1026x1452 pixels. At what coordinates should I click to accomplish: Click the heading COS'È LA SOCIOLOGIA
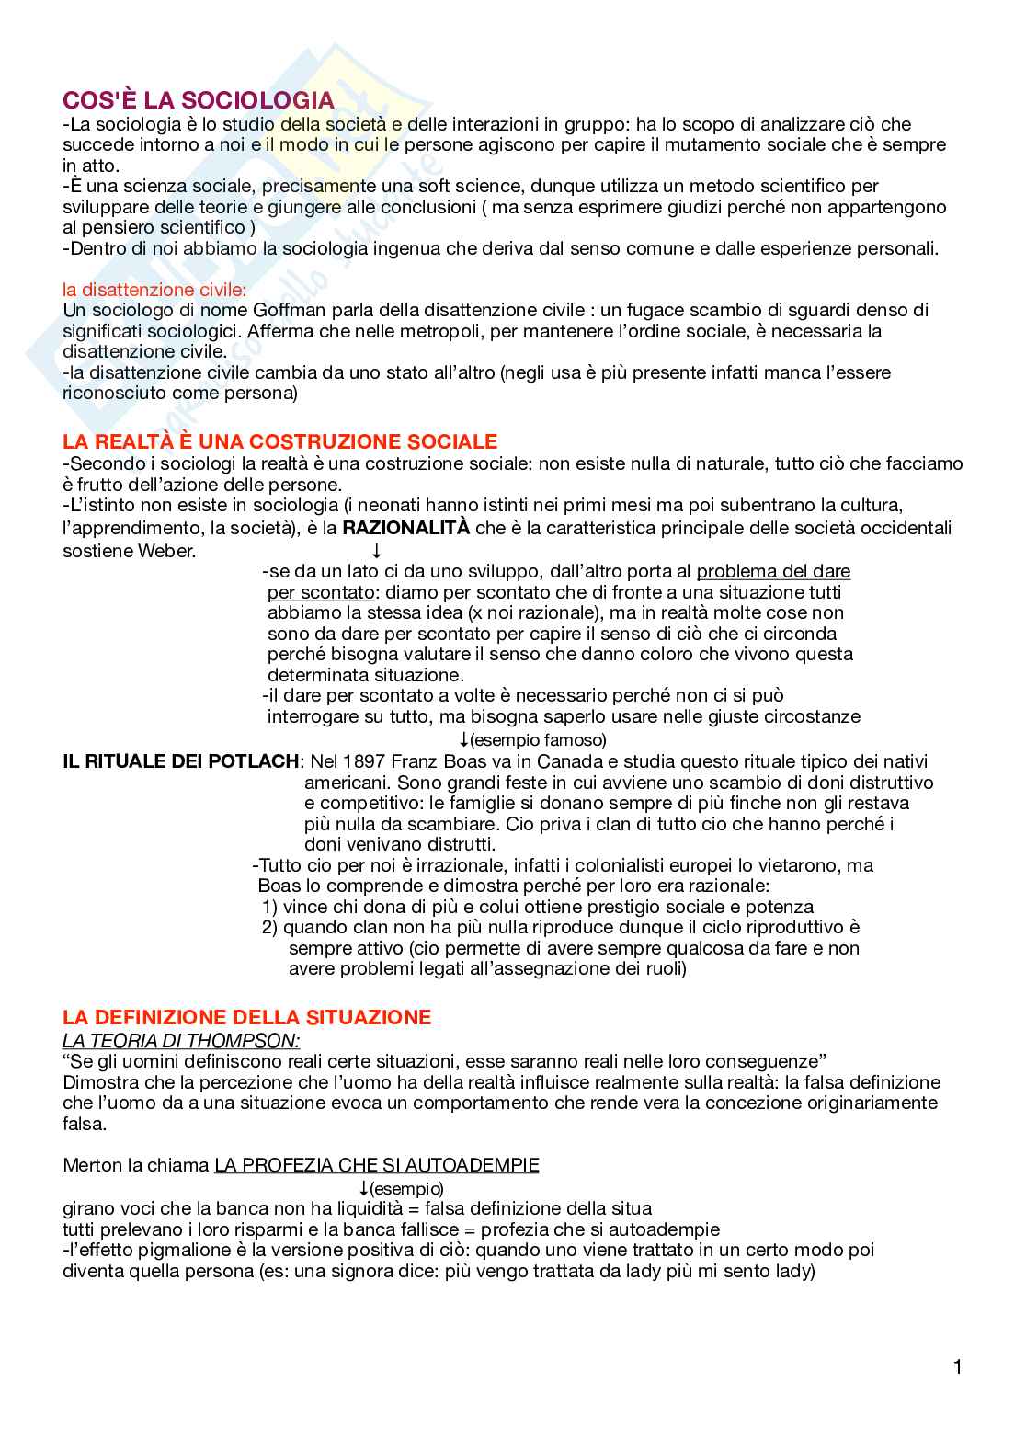pos(198,100)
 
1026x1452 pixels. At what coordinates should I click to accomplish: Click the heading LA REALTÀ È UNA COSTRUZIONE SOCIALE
pos(279,441)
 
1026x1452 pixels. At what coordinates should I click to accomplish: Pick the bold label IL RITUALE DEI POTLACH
pos(180,761)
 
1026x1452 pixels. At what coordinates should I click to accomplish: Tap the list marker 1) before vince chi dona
pos(270,907)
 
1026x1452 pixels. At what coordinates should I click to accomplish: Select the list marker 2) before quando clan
pos(269,928)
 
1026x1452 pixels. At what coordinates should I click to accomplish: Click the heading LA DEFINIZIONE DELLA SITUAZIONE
pos(246,1017)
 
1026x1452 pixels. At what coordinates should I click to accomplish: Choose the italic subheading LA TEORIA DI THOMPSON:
pos(180,1041)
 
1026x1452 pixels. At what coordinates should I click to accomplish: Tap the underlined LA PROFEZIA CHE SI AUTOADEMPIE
pos(376,1166)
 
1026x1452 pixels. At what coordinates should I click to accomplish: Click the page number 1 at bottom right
pos(958,1367)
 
